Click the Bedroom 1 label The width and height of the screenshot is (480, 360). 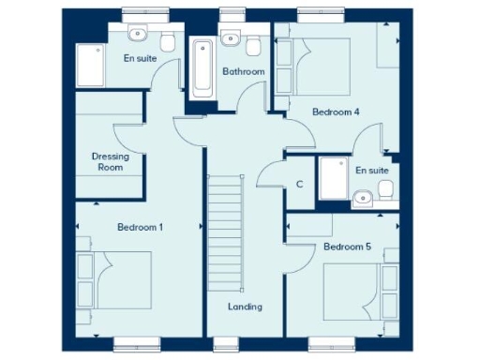140,228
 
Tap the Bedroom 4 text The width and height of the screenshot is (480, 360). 336,112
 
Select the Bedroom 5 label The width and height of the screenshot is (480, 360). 347,247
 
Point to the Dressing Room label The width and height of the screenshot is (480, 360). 111,162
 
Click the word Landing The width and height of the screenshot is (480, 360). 245,307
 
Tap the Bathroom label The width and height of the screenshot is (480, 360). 243,72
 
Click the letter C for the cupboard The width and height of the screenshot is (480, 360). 299,185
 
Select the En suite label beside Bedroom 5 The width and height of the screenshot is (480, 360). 372,171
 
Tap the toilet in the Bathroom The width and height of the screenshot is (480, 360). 255,42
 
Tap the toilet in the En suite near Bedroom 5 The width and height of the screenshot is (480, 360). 384,191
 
